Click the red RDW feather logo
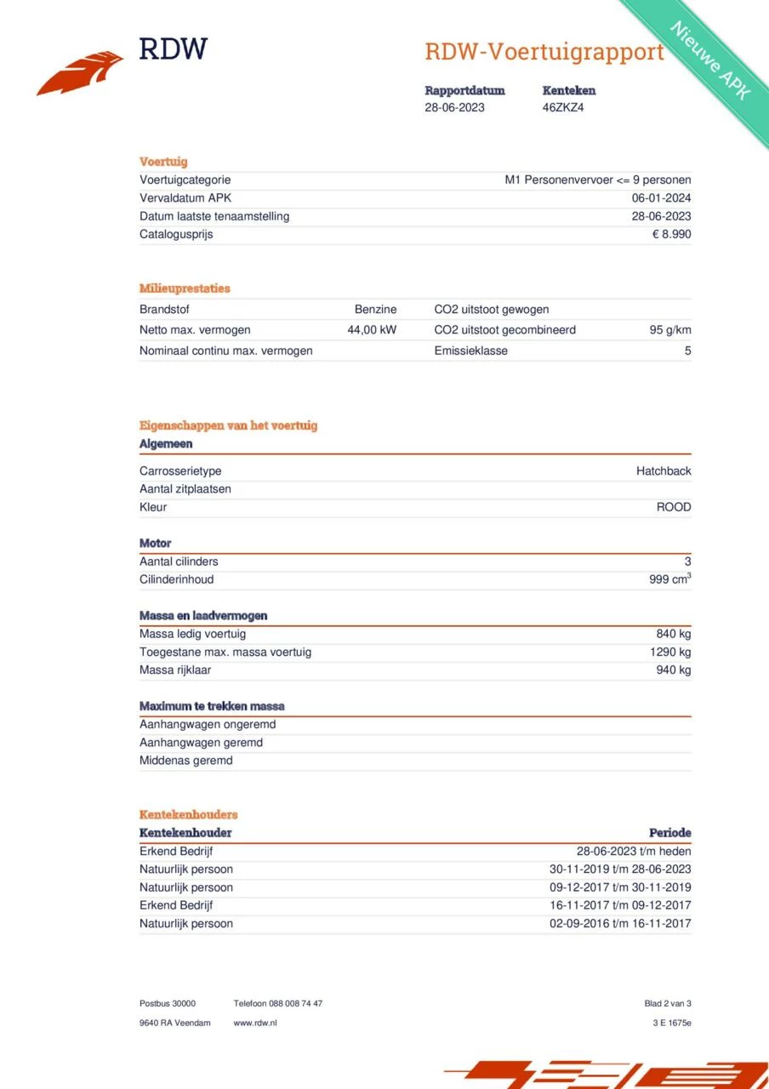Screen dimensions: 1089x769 coord(81,72)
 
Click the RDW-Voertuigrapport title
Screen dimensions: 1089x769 coord(544,52)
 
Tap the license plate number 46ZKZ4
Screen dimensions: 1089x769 coord(563,108)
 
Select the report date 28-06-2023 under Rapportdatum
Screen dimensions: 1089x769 coord(455,108)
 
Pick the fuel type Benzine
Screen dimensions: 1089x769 coord(375,310)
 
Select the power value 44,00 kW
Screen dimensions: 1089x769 coord(372,330)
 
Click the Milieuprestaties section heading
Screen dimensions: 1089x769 coord(185,288)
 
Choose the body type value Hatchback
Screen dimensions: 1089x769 coord(664,471)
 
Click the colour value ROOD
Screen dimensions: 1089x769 coord(674,507)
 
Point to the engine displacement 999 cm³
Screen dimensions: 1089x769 coord(669,579)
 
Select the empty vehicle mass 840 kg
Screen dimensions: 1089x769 coord(673,634)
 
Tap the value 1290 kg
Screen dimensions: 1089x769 coord(670,652)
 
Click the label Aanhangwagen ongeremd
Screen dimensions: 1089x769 coord(208,725)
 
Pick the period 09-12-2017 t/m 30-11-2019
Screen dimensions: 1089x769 coord(620,887)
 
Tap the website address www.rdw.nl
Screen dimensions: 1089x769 coord(255,1023)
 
